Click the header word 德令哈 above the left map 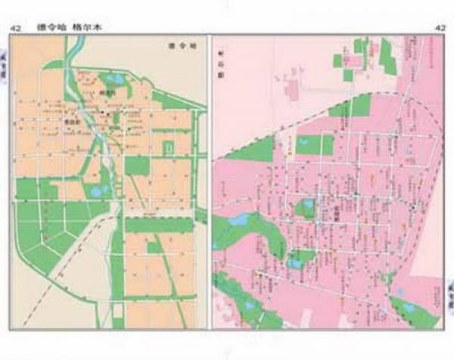[x=52, y=28]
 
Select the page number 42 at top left [x=15, y=29]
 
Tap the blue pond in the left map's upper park [x=117, y=78]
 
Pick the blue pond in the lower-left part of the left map [x=98, y=191]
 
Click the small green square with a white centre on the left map [x=169, y=147]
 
